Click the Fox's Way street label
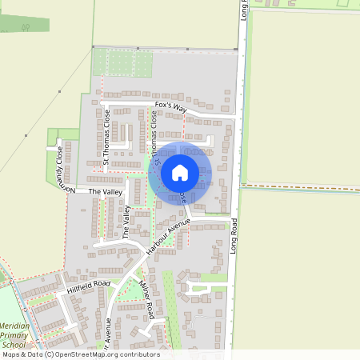(x=170, y=106)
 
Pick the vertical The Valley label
(x=126, y=220)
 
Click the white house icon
(x=180, y=173)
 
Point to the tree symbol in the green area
(x=25, y=26)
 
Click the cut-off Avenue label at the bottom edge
(x=108, y=336)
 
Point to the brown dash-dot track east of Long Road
(x=300, y=186)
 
